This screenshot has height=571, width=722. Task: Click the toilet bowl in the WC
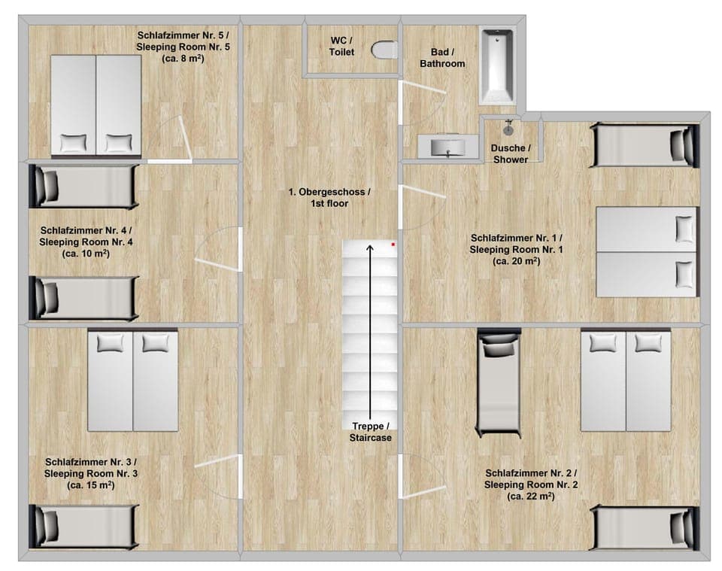tap(385, 50)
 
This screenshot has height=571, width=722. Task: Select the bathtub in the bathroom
tap(496, 65)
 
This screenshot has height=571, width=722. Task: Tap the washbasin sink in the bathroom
tap(447, 146)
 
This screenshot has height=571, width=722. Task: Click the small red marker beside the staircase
tap(393, 244)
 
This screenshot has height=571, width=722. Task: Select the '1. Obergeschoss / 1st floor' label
tap(329, 198)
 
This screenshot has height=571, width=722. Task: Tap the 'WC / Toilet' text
tap(341, 46)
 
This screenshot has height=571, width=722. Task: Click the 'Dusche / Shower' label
tap(510, 153)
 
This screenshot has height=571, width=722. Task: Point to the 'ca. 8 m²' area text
tap(184, 59)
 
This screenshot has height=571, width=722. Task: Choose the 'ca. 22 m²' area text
tap(531, 497)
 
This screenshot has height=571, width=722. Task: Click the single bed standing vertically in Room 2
tap(499, 382)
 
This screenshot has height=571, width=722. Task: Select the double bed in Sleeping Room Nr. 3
tap(133, 381)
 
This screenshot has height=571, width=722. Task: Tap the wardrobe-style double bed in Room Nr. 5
tap(96, 105)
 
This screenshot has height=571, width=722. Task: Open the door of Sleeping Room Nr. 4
tap(217, 250)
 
